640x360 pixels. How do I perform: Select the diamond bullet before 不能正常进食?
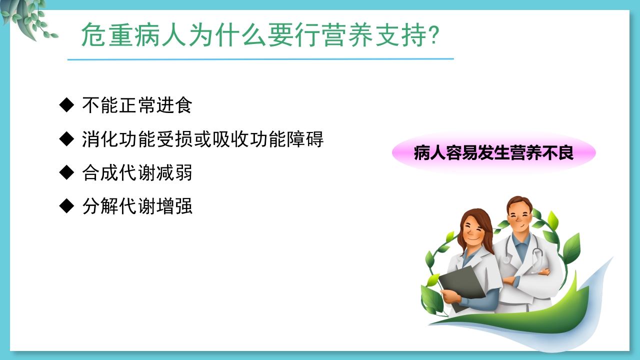66,105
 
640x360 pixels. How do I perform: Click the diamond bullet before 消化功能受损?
66,138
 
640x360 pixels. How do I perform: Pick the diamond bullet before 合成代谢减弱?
66,172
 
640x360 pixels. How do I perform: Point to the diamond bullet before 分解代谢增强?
66,206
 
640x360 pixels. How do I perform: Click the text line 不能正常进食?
137,105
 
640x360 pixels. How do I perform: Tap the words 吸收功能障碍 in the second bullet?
269,139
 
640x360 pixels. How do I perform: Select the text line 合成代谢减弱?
137,173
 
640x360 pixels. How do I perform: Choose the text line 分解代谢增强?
137,206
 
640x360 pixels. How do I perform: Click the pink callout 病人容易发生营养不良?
493,153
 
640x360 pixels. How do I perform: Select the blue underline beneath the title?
260,59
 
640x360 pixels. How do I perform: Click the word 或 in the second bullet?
203,139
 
